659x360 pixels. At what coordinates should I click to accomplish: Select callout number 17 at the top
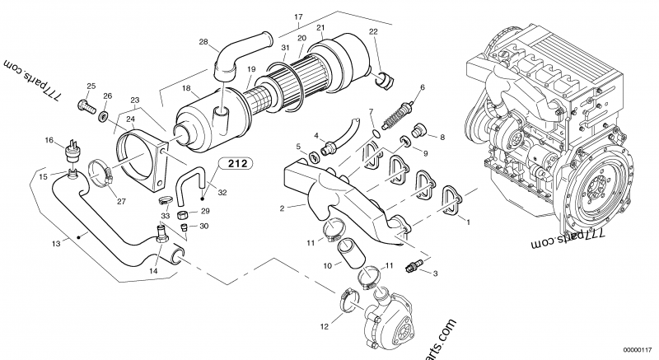coord(298,16)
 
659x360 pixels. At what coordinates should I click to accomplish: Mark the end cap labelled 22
coord(382,79)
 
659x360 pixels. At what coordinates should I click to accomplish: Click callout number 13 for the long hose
coord(56,243)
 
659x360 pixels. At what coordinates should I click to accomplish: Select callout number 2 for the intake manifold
coord(282,208)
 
